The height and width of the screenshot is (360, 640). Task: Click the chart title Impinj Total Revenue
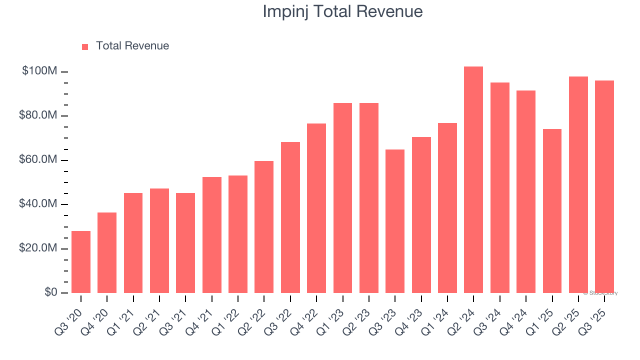pyautogui.click(x=342, y=12)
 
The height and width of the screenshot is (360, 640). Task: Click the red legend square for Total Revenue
pyautogui.click(x=85, y=47)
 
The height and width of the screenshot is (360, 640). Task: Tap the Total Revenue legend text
pyautogui.click(x=132, y=46)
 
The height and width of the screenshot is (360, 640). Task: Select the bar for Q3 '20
pyautogui.click(x=81, y=261)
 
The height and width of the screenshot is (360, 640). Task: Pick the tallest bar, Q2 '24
pyautogui.click(x=473, y=179)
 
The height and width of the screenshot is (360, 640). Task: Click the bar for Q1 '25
pyautogui.click(x=552, y=210)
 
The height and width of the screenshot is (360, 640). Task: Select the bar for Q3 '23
pyautogui.click(x=395, y=221)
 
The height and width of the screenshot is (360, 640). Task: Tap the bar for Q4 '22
pyautogui.click(x=316, y=208)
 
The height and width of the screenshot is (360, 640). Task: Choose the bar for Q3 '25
pyautogui.click(x=604, y=186)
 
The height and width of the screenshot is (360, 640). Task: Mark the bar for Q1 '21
pyautogui.click(x=133, y=242)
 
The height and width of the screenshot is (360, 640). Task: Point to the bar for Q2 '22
pyautogui.click(x=264, y=226)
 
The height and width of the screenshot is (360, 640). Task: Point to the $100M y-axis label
pyautogui.click(x=39, y=71)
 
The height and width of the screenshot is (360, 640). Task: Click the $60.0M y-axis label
pyautogui.click(x=38, y=160)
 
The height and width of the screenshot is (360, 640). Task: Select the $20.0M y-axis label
pyautogui.click(x=38, y=248)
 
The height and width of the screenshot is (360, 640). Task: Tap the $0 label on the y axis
pyautogui.click(x=51, y=292)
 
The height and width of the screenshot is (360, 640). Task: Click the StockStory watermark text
pyautogui.click(x=600, y=293)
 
